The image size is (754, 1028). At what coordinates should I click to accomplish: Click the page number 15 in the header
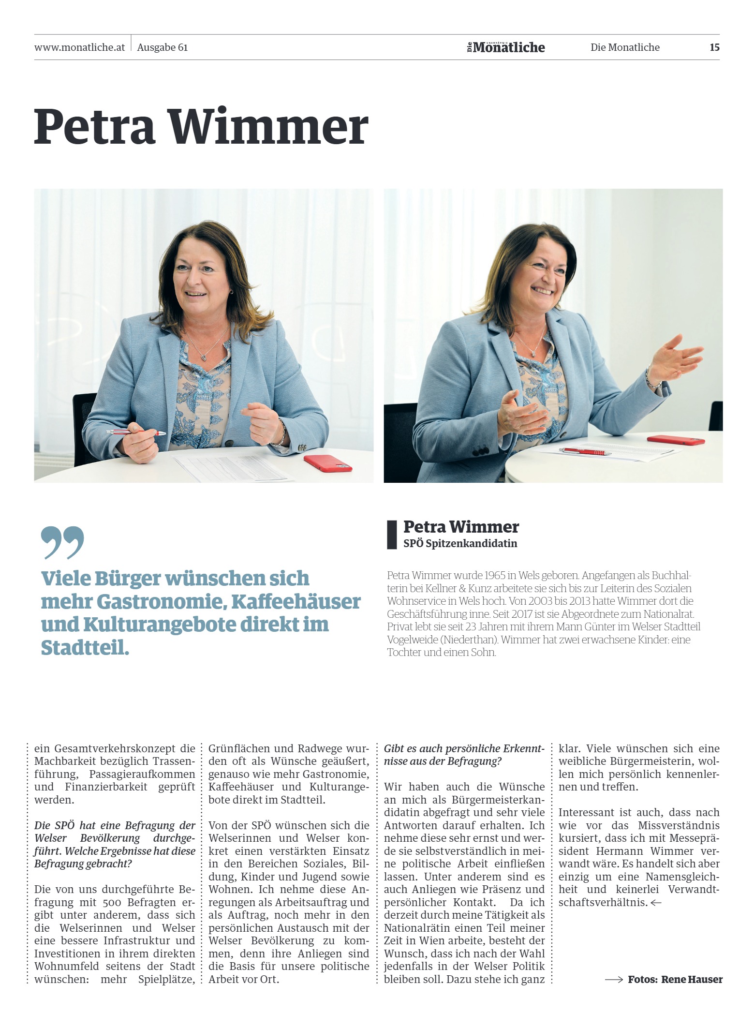(714, 47)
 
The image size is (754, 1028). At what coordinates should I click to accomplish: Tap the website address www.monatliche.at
(79, 47)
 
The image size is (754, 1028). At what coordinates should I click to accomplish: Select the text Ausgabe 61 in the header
(163, 47)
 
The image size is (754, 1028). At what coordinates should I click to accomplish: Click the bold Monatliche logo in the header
(508, 47)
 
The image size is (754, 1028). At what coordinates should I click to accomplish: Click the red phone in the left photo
(328, 462)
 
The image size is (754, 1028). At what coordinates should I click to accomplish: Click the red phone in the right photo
(676, 440)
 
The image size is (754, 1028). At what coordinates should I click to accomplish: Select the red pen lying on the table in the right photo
(585, 452)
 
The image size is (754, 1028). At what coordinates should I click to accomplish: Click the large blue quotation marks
(62, 542)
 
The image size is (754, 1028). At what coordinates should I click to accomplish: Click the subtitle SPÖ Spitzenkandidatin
(460, 543)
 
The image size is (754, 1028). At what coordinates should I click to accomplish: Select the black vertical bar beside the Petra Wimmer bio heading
(391, 535)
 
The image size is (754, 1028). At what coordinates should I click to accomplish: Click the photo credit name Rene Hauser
(692, 980)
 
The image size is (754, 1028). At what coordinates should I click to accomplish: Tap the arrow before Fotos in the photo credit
(614, 980)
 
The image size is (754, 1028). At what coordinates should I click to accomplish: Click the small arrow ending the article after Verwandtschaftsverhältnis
(656, 903)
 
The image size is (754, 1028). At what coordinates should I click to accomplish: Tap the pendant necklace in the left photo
(205, 357)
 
